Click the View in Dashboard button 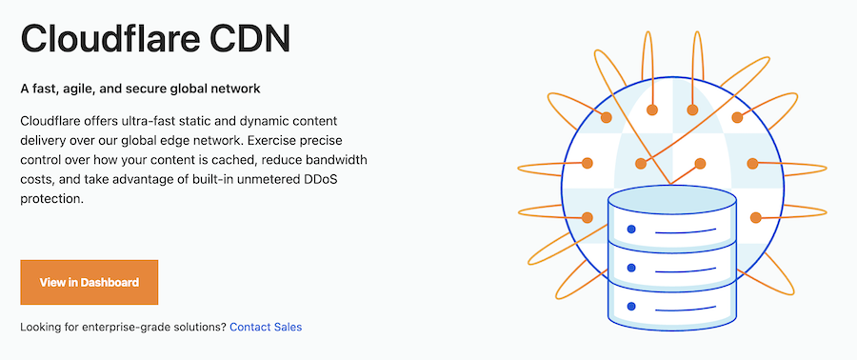pos(89,282)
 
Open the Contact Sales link pos(266,328)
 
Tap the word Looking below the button pos(42,328)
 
